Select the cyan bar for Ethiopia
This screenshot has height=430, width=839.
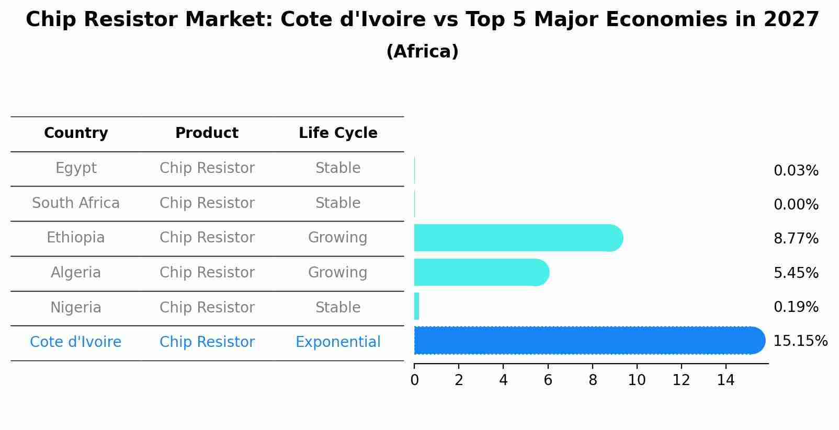[518, 238]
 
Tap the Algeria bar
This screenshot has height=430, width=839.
[481, 272]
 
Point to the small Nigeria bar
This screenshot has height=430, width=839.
[417, 306]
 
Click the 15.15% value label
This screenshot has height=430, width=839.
[800, 341]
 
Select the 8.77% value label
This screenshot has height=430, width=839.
[796, 239]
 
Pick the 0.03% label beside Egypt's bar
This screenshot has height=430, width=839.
[796, 171]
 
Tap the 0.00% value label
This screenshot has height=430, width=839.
[796, 205]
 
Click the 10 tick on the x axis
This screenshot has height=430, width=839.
[637, 380]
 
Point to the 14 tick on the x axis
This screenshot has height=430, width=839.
[725, 380]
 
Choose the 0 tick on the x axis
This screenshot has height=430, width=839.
[414, 380]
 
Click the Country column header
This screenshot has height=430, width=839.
[76, 133]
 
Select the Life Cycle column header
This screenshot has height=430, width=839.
[338, 133]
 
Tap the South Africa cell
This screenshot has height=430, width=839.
[76, 203]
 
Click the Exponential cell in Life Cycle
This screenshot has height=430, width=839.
[338, 342]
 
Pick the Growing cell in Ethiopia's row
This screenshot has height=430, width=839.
[338, 238]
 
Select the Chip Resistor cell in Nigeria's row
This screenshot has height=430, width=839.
[207, 307]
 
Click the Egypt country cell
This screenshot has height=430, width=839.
[76, 168]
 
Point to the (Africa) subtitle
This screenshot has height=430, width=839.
[422, 52]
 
